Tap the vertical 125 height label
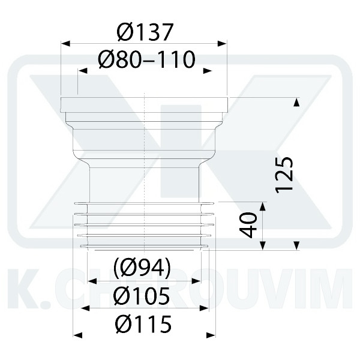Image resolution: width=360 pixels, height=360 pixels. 284,175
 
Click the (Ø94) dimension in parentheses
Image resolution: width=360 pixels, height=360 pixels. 143,268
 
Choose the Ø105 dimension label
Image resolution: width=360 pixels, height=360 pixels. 143,295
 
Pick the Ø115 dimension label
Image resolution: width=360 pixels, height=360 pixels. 144,325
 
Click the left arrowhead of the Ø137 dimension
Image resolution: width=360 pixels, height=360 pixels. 65,43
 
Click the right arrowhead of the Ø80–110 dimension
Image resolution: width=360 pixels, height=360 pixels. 208,71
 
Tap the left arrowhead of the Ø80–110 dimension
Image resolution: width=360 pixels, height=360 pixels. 82,71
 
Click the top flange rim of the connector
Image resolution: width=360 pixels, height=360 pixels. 144,103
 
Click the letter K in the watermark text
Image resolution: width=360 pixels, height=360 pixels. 21,291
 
